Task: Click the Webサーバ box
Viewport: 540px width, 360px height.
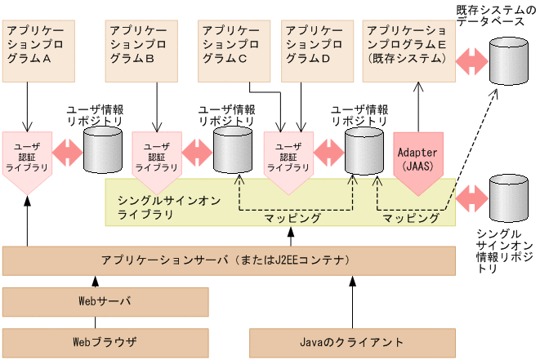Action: pos(105,301)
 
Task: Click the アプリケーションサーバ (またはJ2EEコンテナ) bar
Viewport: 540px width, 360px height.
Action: pos(229,260)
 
